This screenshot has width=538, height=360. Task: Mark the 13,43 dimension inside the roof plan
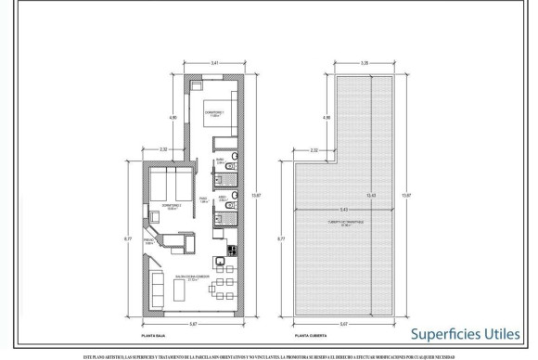point(372,195)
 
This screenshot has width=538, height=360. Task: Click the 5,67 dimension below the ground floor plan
point(192,324)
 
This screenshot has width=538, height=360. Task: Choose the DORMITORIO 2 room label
point(171,205)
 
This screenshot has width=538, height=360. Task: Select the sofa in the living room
point(159,295)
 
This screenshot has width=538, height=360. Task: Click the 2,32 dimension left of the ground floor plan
point(164,148)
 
